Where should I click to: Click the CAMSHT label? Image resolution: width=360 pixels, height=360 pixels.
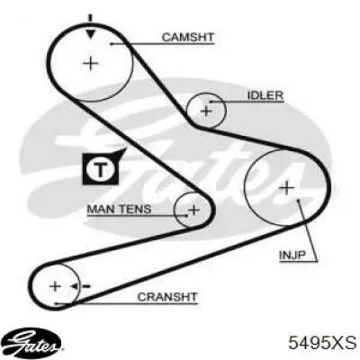(x=188, y=37)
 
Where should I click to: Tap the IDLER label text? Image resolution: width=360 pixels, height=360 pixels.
(x=265, y=95)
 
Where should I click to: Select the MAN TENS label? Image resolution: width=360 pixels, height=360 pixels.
(x=119, y=209)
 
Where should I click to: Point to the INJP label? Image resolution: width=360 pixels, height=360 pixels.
(x=292, y=256)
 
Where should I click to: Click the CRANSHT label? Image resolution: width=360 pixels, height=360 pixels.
(x=167, y=297)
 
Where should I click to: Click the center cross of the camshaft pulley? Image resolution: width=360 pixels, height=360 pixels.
(x=90, y=64)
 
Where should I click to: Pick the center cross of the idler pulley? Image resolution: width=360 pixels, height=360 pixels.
(x=206, y=111)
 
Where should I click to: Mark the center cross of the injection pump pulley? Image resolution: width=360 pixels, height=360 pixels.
(x=287, y=188)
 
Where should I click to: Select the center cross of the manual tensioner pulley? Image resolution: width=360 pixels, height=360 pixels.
(x=193, y=210)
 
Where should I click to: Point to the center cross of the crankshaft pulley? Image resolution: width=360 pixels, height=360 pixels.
(x=55, y=286)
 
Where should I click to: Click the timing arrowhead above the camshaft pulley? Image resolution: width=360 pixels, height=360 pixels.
(x=91, y=34)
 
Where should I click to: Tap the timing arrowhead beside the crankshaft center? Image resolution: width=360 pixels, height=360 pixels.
(x=75, y=286)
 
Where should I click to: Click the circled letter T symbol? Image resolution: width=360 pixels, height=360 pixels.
(x=101, y=170)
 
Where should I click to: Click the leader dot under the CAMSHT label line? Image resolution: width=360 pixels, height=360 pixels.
(x=112, y=44)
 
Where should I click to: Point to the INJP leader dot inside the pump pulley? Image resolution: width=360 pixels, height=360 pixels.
(x=298, y=200)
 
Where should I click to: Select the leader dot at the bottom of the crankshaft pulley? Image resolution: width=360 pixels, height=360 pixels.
(x=56, y=303)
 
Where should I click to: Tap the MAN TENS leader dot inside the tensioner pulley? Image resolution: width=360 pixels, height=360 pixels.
(x=186, y=215)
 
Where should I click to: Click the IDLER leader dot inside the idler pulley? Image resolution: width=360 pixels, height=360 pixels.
(x=211, y=102)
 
